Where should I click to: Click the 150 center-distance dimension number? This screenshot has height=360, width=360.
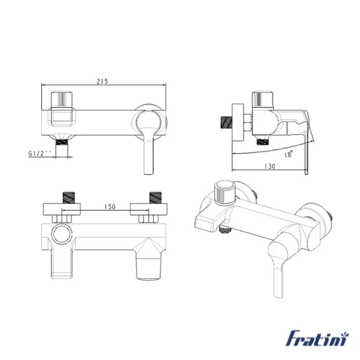110,206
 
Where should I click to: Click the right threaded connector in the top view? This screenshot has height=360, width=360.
155,197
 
